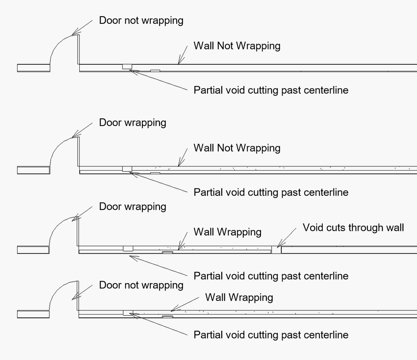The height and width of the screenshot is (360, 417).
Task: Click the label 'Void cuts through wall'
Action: [353, 228]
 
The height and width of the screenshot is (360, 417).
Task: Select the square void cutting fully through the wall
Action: [276, 250]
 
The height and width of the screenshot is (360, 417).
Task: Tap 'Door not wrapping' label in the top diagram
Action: [141, 20]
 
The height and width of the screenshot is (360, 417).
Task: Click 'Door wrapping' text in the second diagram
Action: [133, 123]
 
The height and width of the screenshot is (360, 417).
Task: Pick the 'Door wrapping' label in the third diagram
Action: [133, 207]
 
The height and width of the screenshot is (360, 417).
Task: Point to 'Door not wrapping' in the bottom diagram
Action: [141, 285]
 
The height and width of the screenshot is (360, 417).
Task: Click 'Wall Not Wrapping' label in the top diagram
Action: [237, 46]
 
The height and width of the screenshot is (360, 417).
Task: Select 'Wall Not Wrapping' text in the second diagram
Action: [237, 148]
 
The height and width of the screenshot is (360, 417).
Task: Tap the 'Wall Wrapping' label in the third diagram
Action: [227, 232]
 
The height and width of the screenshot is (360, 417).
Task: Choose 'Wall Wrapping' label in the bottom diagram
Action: [239, 297]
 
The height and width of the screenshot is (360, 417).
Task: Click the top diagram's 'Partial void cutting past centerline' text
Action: [271, 90]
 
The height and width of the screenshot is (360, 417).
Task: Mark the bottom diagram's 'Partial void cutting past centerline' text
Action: [271, 335]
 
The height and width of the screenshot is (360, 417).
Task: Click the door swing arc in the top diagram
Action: [57, 44]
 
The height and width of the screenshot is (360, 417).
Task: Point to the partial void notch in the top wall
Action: [127, 66]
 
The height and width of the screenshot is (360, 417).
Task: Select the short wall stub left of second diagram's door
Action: [33, 170]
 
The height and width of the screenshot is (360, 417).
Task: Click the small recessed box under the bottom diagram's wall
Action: [167, 317]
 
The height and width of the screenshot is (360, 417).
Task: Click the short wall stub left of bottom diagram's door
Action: [33, 314]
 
